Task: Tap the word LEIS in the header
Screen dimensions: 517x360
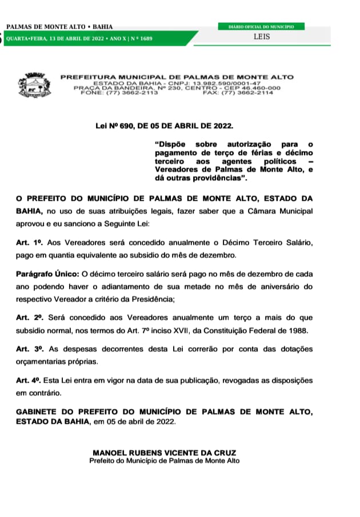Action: (x=262, y=37)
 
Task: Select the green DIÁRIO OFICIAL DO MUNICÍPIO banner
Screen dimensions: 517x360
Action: (x=262, y=26)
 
